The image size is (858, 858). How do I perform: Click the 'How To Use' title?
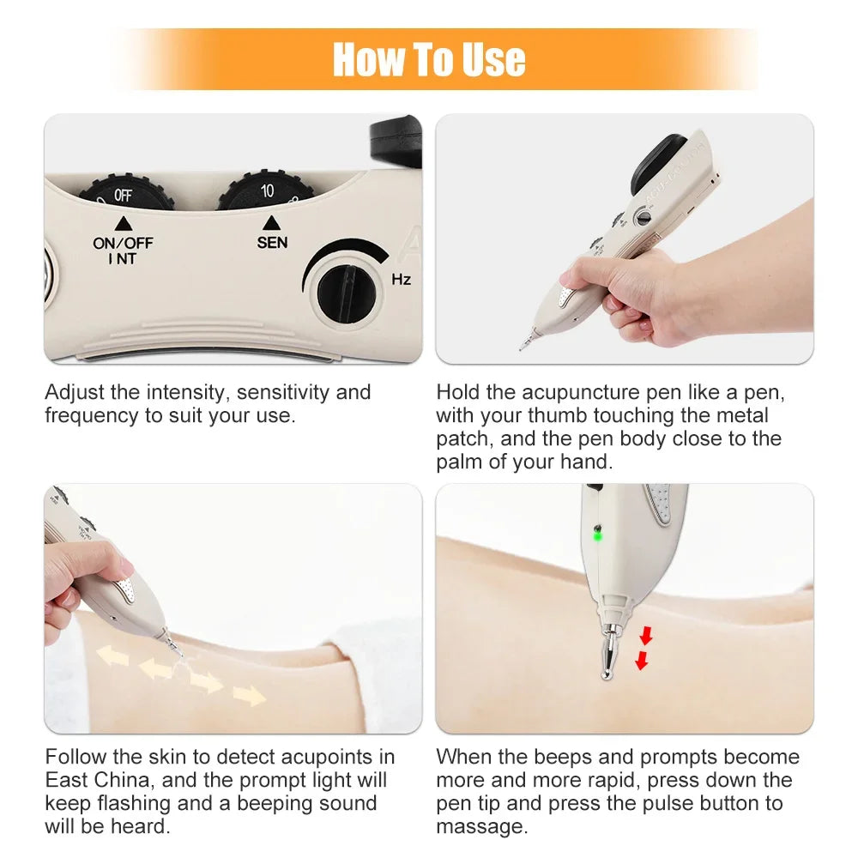pos(429,59)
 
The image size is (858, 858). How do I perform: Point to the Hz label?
pos(401,279)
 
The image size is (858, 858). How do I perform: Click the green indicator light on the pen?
pos(597,536)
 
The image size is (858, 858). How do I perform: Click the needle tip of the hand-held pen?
pos(522,345)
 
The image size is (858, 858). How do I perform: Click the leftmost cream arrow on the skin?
pos(112,656)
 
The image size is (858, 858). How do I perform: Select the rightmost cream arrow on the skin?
pos(250,696)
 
